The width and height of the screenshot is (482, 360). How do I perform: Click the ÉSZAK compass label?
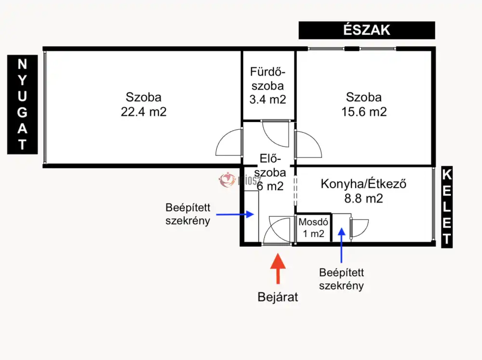[x=367, y=30]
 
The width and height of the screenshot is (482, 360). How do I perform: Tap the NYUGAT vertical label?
[x=23, y=104]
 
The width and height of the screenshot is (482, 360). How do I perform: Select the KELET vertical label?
[x=447, y=207]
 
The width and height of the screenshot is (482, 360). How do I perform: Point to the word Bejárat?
[x=278, y=297]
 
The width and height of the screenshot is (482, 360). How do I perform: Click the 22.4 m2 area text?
[x=144, y=112]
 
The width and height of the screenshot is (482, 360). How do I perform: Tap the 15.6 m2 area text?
[x=363, y=112]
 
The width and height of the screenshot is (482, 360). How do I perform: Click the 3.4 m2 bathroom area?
[x=268, y=100]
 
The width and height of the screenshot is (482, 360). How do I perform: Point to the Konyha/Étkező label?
[x=364, y=184]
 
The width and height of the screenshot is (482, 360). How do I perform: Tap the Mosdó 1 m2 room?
[x=313, y=228]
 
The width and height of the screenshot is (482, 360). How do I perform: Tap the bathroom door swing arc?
[x=276, y=133]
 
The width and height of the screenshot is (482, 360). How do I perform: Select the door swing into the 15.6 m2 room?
[x=308, y=144]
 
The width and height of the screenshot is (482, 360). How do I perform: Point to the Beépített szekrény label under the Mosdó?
[x=341, y=279]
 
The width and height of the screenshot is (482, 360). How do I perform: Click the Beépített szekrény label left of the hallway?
[x=187, y=214]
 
